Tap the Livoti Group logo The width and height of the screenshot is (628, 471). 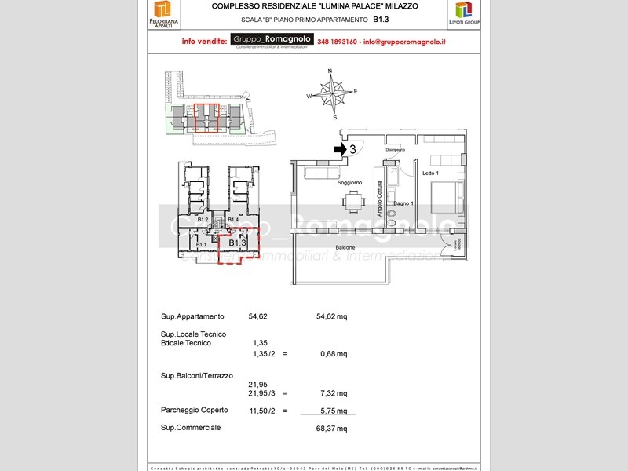tap(464, 14)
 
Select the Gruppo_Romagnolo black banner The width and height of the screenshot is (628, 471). tap(272, 40)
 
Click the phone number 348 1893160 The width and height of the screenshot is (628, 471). tap(338, 42)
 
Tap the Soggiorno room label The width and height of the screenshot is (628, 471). tap(349, 182)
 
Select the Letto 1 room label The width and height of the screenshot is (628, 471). tap(430, 173)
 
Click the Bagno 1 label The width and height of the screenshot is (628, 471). tap(403, 203)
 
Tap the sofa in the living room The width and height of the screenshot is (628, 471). tap(319, 172)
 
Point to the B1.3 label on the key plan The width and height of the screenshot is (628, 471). tap(238, 243)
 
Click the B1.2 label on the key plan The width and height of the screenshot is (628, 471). tap(203, 220)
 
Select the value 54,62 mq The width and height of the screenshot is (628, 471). tap(331, 316)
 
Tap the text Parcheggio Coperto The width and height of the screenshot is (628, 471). tap(194, 410)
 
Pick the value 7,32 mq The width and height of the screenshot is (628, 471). tap(333, 393)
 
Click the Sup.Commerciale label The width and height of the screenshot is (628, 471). tap(191, 428)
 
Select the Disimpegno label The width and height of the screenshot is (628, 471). tap(395, 149)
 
